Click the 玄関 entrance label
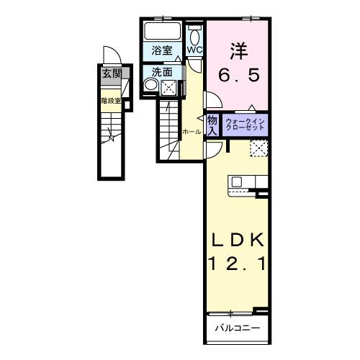pyautogui.click(x=111, y=73)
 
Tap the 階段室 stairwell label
pyautogui.click(x=110, y=101)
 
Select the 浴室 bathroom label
pyautogui.click(x=162, y=50)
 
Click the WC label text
pyautogui.click(x=195, y=50)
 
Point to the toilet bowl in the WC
pyautogui.click(x=195, y=36)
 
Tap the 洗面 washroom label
pyautogui.click(x=162, y=72)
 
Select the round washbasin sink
pyautogui.click(x=151, y=86)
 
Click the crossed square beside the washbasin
pyautogui.click(x=168, y=87)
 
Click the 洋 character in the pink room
pyautogui.click(x=238, y=52)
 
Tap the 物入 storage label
pyautogui.click(x=212, y=125)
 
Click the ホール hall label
pyautogui.click(x=192, y=132)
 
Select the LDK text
pyautogui.click(x=238, y=240)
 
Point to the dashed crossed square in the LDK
pyautogui.click(x=258, y=148)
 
